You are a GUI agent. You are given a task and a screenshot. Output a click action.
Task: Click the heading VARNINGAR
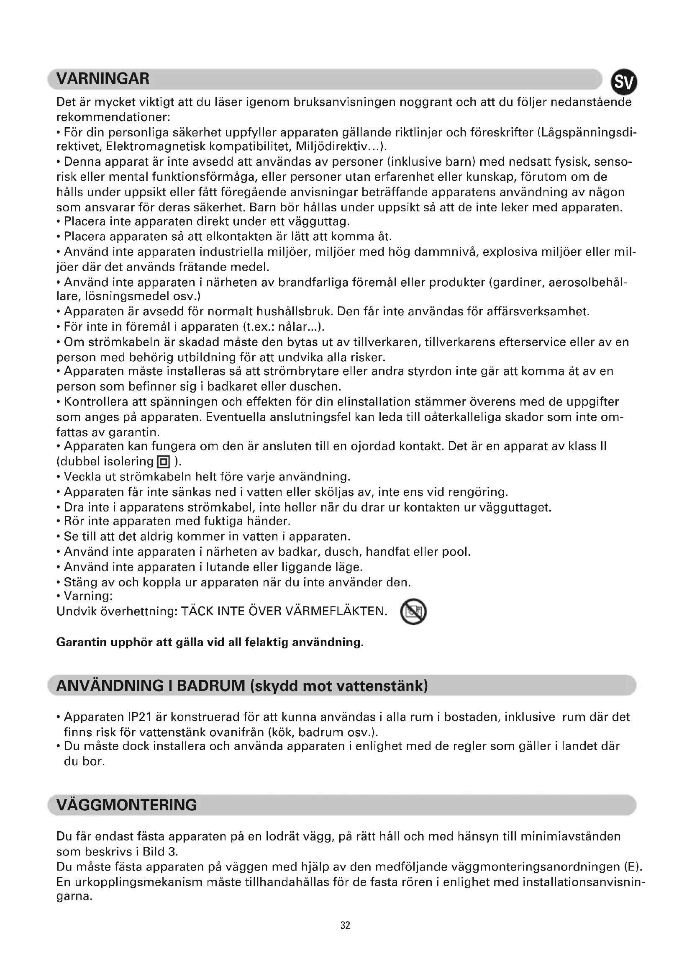coord(103,79)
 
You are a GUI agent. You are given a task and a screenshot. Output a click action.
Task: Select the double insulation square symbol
coord(164,462)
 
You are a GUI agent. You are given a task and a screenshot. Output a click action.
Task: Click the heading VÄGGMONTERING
coord(126,805)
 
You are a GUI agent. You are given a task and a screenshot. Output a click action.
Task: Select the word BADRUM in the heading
coord(210,686)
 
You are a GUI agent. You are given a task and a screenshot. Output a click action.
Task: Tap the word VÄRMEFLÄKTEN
coord(336,612)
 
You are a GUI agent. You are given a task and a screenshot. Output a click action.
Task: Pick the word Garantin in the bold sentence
coord(82,642)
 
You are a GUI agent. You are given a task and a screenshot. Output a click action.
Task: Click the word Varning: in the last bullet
coord(88,596)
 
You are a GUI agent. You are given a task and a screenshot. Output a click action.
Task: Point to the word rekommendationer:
coord(113,117)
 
